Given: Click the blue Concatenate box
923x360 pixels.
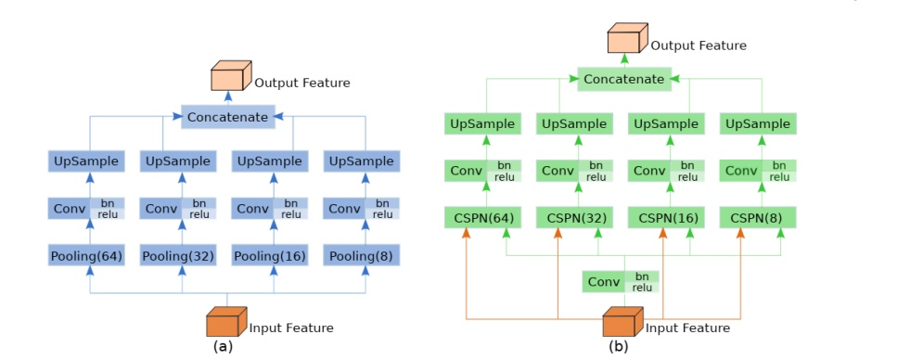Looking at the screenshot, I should [227, 117].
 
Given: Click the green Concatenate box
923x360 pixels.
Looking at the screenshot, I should [623, 79].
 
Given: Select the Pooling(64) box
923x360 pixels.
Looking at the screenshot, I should [86, 255].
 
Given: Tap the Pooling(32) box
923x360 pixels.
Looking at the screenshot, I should [178, 255].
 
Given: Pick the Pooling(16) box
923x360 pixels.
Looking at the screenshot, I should [270, 255].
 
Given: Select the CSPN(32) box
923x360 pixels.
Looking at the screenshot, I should [574, 218].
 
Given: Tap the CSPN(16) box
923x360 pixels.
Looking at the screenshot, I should [666, 218].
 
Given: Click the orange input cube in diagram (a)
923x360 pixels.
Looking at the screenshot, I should [224, 324].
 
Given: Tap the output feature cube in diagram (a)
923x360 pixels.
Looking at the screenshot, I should [228, 78].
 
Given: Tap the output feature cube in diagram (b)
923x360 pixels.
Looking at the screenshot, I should [625, 41].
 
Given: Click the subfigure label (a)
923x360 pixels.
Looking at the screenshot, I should [223, 347].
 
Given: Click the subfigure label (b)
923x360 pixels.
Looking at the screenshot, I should [619, 347].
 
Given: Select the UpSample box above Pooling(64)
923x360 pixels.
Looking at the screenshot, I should [86, 161].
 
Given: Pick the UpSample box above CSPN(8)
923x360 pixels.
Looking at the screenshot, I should [758, 123].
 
